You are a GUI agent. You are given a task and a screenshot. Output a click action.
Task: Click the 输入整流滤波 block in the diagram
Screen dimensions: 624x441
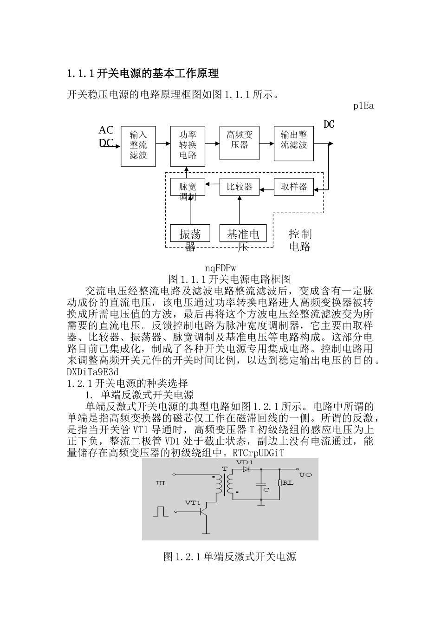pyautogui.click(x=138, y=145)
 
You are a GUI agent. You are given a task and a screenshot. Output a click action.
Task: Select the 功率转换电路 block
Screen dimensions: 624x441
pyautogui.click(x=188, y=145)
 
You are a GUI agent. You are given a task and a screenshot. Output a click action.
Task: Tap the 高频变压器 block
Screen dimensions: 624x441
pyautogui.click(x=240, y=143)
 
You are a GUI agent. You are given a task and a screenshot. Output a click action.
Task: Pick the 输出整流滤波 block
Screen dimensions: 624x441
pyautogui.click(x=294, y=143)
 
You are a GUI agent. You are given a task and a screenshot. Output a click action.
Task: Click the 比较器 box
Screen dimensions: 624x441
pyautogui.click(x=240, y=187)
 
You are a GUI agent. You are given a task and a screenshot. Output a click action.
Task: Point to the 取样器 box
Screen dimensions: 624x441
pyautogui.click(x=294, y=187)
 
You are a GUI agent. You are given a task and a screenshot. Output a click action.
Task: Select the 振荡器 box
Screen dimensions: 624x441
pyautogui.click(x=190, y=234)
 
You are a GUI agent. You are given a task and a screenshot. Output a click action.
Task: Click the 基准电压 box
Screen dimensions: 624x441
pyautogui.click(x=243, y=234)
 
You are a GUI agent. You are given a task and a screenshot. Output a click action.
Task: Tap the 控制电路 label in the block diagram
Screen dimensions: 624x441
pyautogui.click(x=300, y=240)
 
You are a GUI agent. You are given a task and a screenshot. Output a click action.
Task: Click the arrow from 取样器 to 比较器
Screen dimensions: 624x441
pyautogui.click(x=266, y=189)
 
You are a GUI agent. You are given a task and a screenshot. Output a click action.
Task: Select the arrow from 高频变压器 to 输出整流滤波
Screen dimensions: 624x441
pyautogui.click(x=266, y=143)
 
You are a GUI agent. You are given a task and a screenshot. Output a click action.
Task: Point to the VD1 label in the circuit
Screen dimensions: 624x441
pyautogui.click(x=245, y=463)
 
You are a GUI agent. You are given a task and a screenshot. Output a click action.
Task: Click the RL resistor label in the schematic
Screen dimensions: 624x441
pyautogui.click(x=288, y=483)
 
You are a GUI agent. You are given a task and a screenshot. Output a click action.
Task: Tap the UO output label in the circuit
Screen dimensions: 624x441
pyautogui.click(x=305, y=475)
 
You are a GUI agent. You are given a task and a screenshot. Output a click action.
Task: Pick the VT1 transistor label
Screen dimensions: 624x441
pyautogui.click(x=192, y=502)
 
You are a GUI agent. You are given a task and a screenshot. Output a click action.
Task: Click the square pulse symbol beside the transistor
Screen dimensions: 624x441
pyautogui.click(x=160, y=511)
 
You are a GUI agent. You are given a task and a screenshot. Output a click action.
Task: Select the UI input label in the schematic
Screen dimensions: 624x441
pyautogui.click(x=161, y=483)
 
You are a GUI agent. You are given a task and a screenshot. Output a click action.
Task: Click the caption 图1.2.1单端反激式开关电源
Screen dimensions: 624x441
pyautogui.click(x=230, y=557)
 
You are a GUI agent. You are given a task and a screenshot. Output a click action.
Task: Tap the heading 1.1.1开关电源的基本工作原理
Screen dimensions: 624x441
pyautogui.click(x=143, y=73)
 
